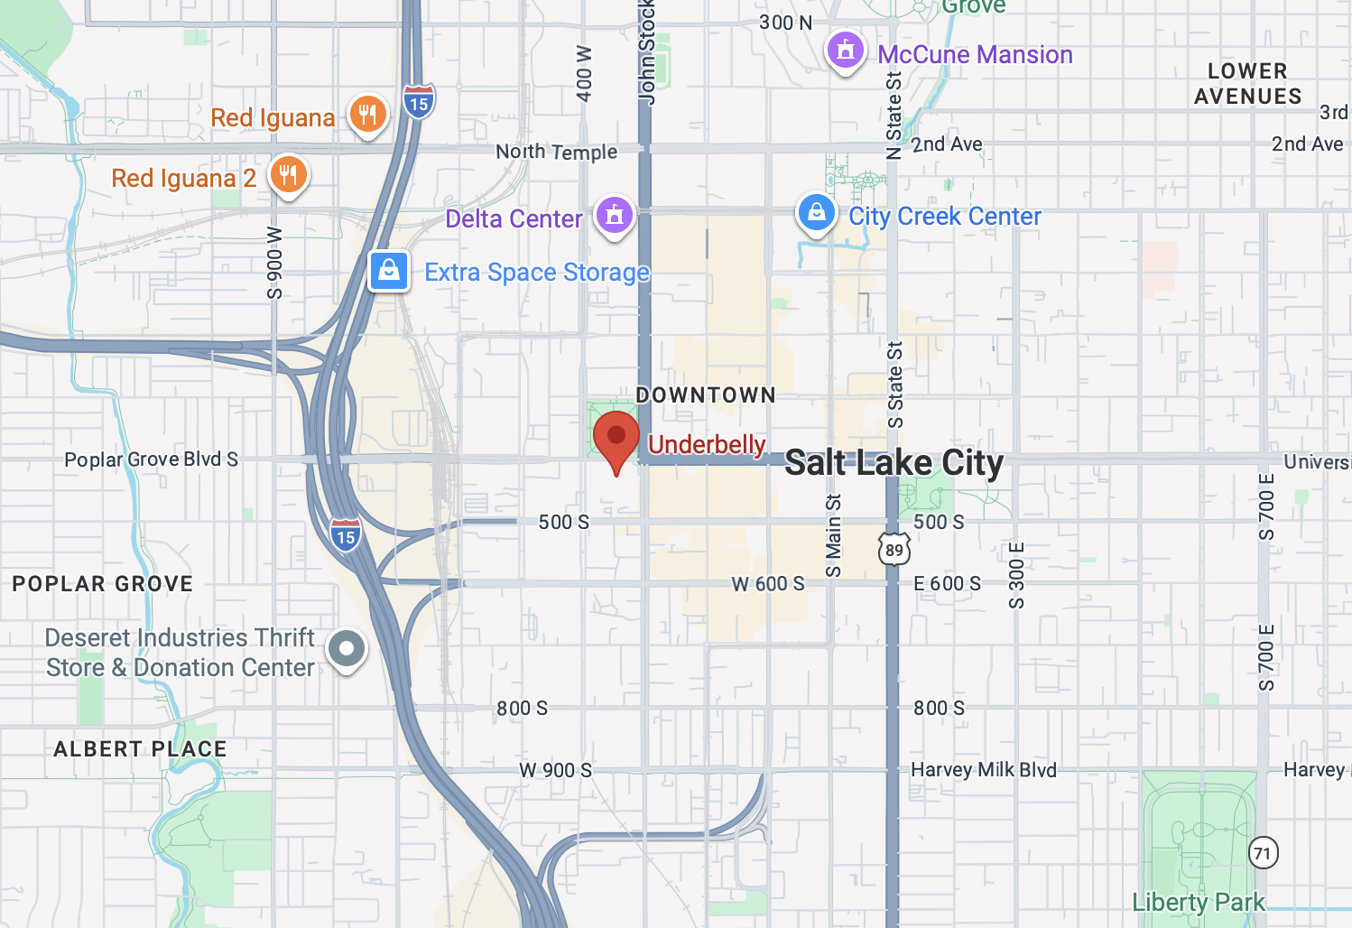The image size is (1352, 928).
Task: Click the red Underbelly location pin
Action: coord(616,438)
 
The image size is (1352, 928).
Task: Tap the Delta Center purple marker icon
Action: coord(615,216)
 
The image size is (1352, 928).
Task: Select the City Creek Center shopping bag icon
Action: coord(816,213)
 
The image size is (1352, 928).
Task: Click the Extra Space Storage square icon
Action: coord(389,270)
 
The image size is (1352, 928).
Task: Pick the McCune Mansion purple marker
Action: coord(845,51)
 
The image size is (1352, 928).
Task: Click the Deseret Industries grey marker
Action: coord(346,648)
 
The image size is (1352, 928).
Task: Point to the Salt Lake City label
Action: coord(894,463)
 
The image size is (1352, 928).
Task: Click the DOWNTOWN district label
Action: coord(706,395)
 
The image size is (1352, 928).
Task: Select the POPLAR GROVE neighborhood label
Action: coord(103,584)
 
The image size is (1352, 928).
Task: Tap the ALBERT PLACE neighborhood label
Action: coord(140,749)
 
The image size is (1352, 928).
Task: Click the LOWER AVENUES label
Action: coord(1247,84)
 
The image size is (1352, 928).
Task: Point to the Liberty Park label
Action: coord(1198,902)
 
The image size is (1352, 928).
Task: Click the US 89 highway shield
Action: coord(894,550)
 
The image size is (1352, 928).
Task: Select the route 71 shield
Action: coord(1263,853)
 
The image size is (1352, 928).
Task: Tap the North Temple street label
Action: coord(556,152)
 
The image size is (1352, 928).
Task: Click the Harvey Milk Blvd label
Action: coord(983,770)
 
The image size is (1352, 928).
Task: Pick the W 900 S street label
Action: coord(555,770)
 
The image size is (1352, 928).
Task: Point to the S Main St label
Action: coord(833,535)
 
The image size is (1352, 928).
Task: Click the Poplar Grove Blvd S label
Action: coord(151,459)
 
